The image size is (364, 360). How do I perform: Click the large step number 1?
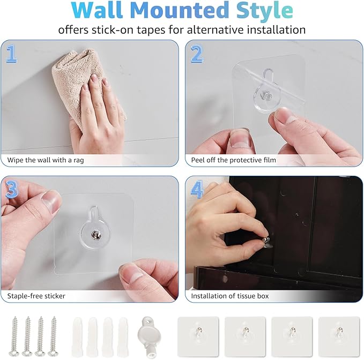pos(12,54)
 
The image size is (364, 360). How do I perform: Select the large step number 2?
pos(197,54)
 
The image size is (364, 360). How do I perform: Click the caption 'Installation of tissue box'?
pos(230,296)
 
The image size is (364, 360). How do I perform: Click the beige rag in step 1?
pos(80,80)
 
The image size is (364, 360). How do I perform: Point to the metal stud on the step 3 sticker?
pos(92,234)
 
